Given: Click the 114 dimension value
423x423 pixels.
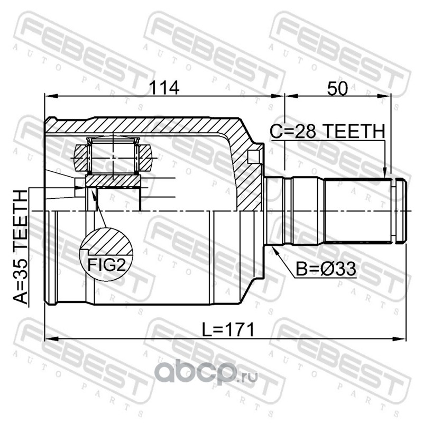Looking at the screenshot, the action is pyautogui.click(x=164, y=88).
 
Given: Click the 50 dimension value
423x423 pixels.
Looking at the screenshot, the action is pyautogui.click(x=337, y=88).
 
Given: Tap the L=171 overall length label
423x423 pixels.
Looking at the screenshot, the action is pyautogui.click(x=228, y=329).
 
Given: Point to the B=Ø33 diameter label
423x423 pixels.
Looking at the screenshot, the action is pyautogui.click(x=326, y=269).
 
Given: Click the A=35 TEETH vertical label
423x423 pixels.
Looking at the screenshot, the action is pyautogui.click(x=21, y=247).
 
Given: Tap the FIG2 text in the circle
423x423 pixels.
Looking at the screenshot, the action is pyautogui.click(x=107, y=265).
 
